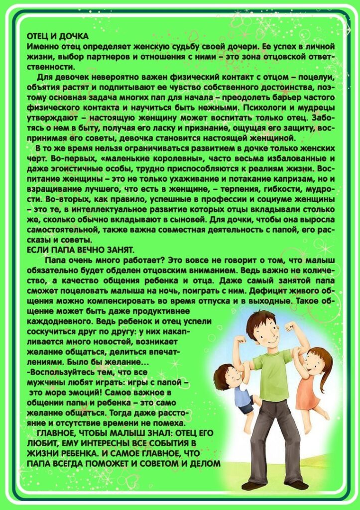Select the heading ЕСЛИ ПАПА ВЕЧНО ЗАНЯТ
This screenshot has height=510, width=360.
tap(80, 250)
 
